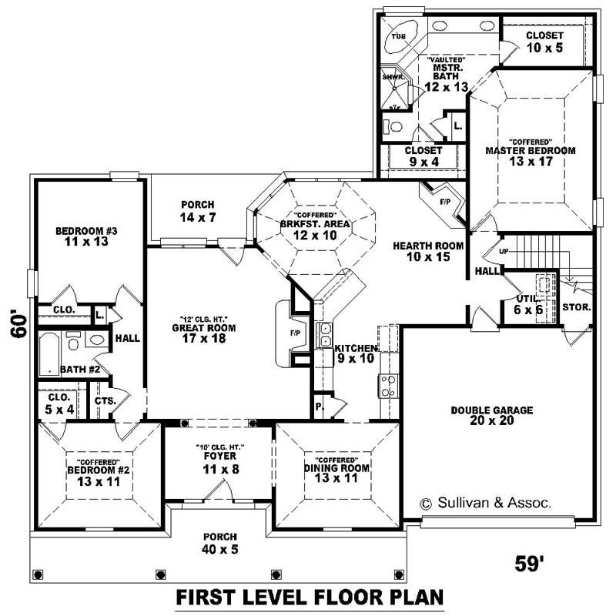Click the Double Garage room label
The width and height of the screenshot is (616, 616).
(x=491, y=415)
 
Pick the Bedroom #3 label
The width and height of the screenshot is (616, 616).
(x=86, y=236)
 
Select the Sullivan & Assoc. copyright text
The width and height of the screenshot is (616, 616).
(x=485, y=503)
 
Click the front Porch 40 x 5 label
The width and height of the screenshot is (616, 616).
(x=219, y=542)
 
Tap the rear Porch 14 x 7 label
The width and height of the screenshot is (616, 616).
(x=198, y=211)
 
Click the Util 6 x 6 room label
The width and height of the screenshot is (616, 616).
(x=531, y=303)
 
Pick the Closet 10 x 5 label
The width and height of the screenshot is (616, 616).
(x=544, y=42)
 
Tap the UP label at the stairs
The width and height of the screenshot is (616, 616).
(x=505, y=252)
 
